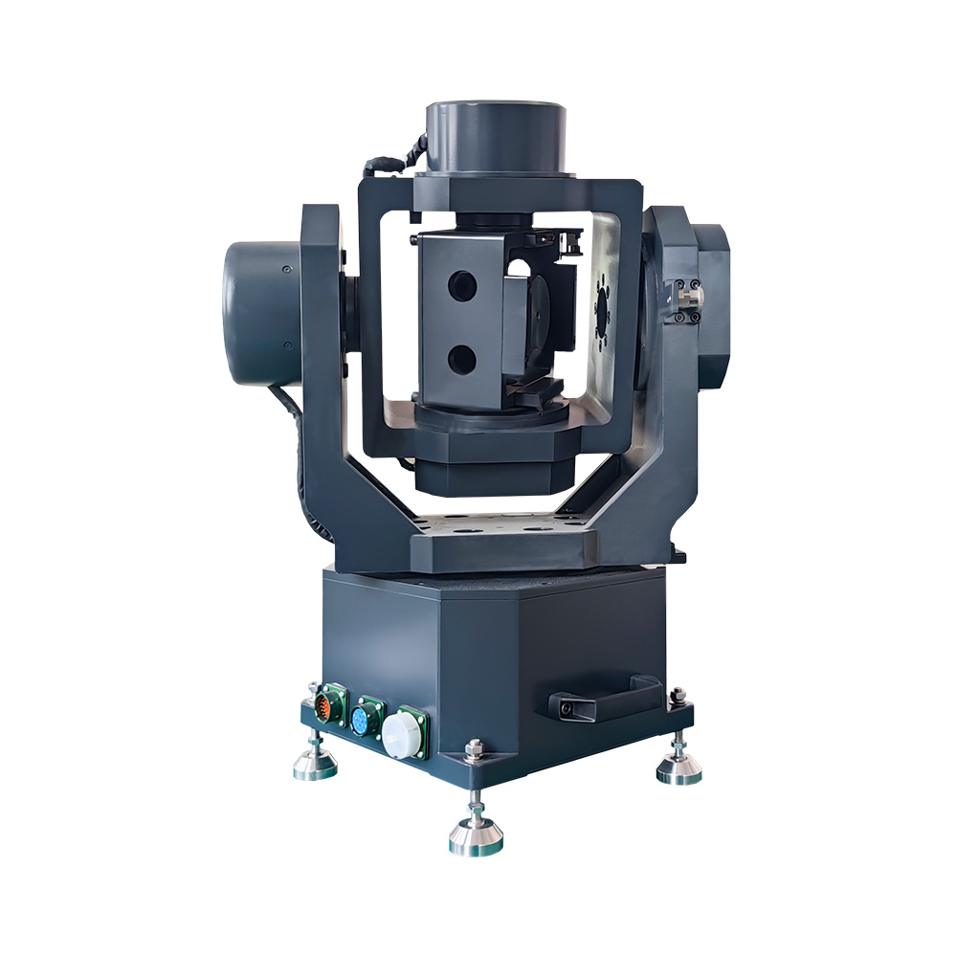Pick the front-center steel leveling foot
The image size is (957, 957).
[x=476, y=835]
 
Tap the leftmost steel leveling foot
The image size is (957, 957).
[x=315, y=764]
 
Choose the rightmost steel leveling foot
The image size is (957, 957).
[x=679, y=768]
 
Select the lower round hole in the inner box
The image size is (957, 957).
[x=461, y=358]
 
